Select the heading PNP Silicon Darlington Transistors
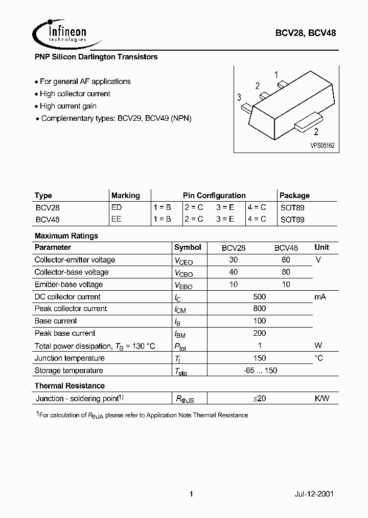pyautogui.click(x=96, y=57)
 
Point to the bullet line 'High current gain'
pyautogui.click(x=68, y=106)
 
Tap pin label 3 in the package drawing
pyautogui.click(x=239, y=97)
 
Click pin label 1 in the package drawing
pyautogui.click(x=277, y=75)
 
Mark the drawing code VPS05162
pyautogui.click(x=322, y=145)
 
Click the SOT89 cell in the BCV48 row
pyautogui.click(x=292, y=219)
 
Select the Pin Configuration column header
pyautogui.click(x=214, y=196)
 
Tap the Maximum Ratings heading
pyautogui.click(x=66, y=236)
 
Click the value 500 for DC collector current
pyautogui.click(x=260, y=297)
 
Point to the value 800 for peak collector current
pyautogui.click(x=260, y=309)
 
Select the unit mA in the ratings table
pyautogui.click(x=320, y=297)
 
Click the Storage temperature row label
pyautogui.click(x=68, y=371)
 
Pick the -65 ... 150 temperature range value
pyautogui.click(x=260, y=371)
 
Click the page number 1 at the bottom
pyautogui.click(x=191, y=494)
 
